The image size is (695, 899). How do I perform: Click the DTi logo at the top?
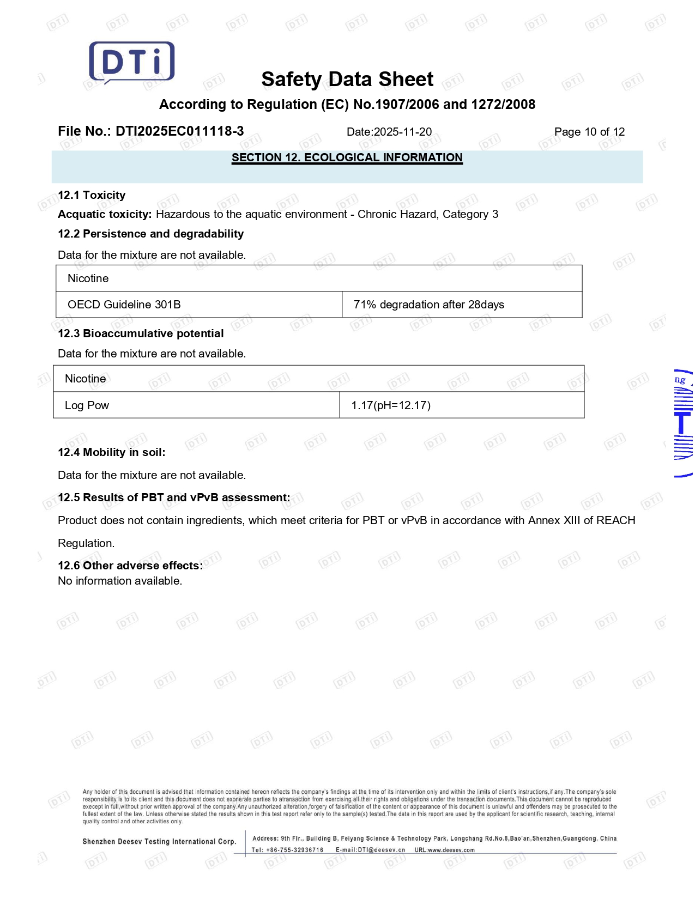tap(132, 62)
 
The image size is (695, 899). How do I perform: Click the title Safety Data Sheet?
tap(347, 80)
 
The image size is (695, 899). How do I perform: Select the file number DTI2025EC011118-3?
tap(179, 131)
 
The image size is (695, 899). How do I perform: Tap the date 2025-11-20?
tap(403, 132)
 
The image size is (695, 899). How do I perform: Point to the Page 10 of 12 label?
tap(589, 132)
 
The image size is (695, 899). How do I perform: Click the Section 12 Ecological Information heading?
tap(347, 158)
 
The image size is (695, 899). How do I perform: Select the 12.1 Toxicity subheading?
tap(92, 195)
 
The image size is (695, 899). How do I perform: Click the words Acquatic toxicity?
tap(105, 214)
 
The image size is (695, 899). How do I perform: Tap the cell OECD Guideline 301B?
tap(124, 305)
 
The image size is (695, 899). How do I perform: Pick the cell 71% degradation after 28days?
tap(428, 305)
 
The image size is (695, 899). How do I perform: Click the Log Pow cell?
tap(87, 405)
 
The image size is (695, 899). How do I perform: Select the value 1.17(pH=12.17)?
tap(391, 405)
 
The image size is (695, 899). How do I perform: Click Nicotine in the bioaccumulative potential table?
tap(85, 379)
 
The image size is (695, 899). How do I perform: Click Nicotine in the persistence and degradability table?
tap(88, 278)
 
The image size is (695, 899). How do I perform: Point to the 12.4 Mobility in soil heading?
tap(111, 452)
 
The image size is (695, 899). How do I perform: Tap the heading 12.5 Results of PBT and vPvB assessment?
tap(174, 497)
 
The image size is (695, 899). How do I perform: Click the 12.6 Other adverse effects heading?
tap(130, 566)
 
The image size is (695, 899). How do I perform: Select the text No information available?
tap(120, 581)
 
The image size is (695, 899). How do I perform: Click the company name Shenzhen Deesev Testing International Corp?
tap(159, 842)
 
